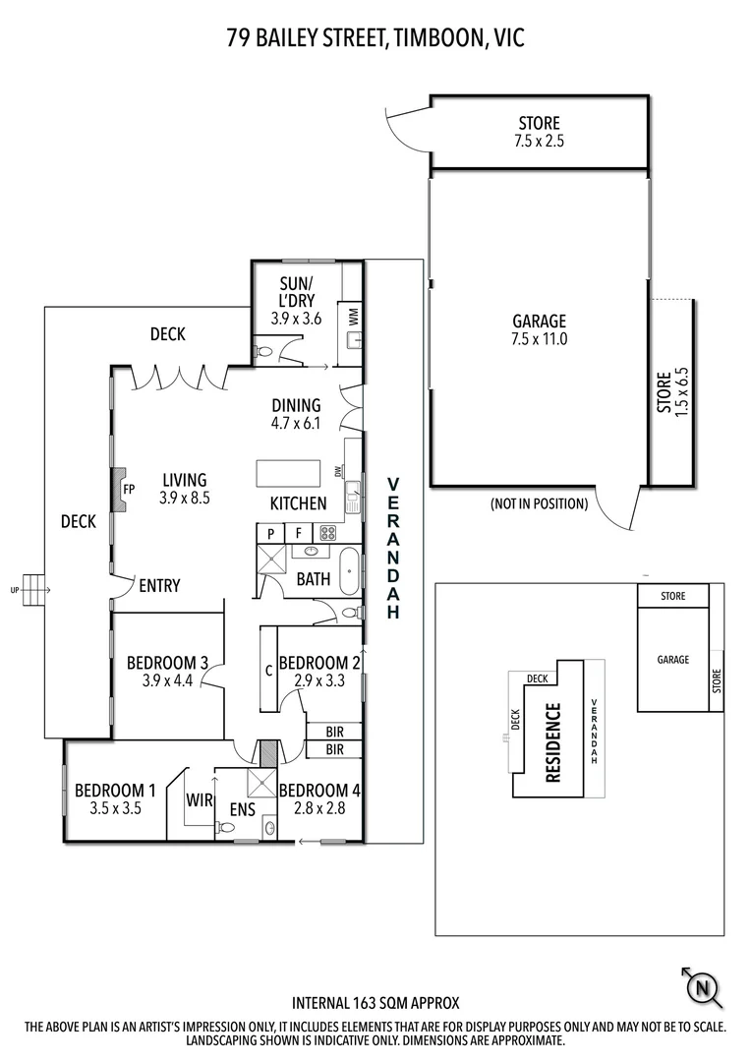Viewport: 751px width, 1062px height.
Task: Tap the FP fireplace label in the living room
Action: point(128,489)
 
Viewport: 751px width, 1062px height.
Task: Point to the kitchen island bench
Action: point(289,473)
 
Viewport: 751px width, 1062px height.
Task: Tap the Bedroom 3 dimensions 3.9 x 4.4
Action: point(166,681)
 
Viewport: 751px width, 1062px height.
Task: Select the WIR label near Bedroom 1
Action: point(200,800)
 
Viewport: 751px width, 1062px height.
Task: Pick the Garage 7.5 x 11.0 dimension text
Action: point(539,339)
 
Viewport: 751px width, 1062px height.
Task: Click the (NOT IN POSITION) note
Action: point(539,504)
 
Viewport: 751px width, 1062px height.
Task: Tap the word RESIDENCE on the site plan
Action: point(552,742)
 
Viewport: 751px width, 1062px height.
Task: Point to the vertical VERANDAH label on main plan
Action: point(392,549)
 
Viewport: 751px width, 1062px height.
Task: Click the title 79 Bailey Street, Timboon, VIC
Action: point(375,38)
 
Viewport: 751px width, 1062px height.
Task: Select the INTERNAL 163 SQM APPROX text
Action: point(375,1004)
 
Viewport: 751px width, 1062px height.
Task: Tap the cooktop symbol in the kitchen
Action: point(327,533)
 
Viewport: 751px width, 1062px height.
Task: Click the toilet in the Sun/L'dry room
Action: point(262,350)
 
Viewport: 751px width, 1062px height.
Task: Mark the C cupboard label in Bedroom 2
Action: point(268,672)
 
